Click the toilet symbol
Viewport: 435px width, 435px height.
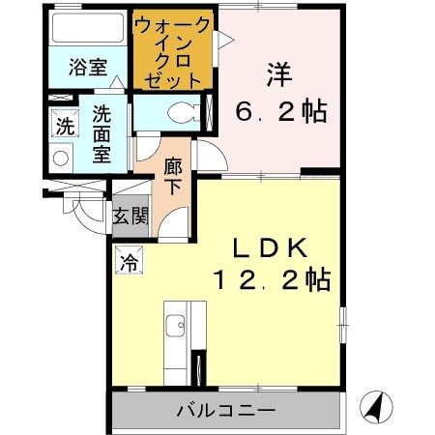pyautogui.click(x=178, y=111)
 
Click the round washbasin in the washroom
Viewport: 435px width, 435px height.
pyautogui.click(x=61, y=158)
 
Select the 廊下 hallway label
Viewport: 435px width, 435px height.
pyautogui.click(x=172, y=176)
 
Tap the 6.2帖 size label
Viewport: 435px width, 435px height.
pyautogui.click(x=280, y=110)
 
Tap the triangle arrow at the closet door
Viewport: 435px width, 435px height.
pyautogui.click(x=223, y=38)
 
